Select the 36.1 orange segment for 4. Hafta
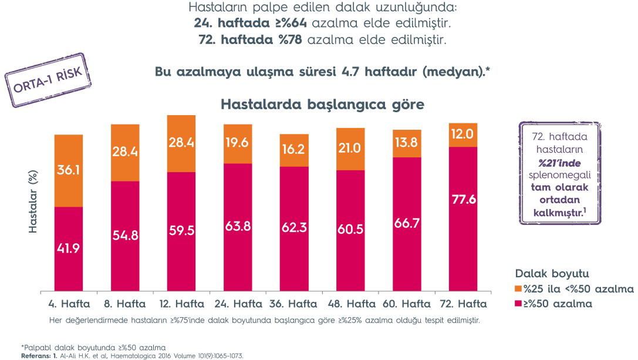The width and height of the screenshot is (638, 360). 69,170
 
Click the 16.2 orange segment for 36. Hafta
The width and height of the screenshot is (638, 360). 294,150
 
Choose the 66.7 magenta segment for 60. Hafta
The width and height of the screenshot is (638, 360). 407,224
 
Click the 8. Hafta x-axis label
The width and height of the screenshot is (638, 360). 124,304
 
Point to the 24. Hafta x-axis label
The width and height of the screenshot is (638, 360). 238,304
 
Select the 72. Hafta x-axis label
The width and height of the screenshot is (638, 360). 464,304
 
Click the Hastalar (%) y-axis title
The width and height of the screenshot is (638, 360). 33,203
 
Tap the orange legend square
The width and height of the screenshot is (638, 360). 518,289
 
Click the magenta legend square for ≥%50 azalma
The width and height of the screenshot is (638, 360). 518,303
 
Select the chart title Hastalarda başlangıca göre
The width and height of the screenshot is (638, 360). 322,105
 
